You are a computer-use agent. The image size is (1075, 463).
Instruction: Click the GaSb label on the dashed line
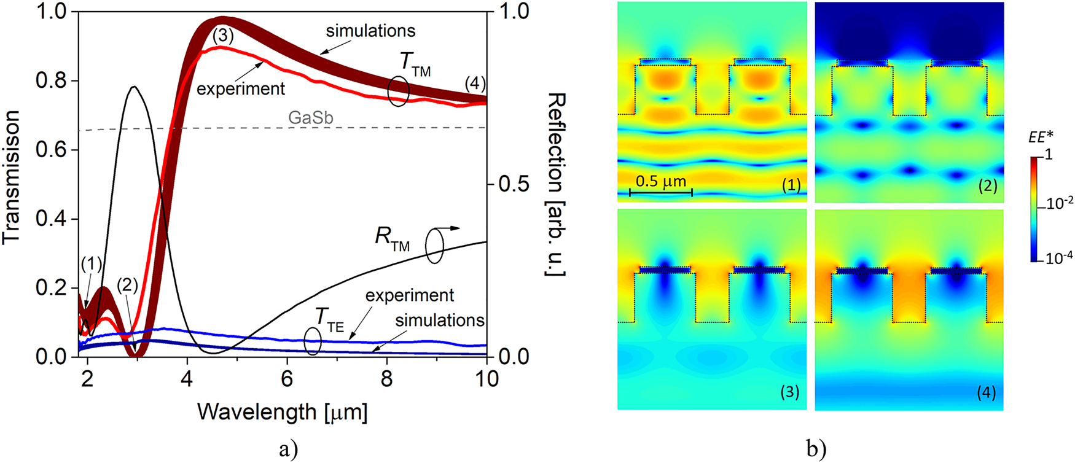tap(310, 117)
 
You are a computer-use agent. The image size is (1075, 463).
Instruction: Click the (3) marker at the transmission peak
tap(223, 36)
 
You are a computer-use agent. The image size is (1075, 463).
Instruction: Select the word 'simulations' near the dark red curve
tap(370, 31)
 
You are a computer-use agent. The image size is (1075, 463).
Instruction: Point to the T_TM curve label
tap(415, 64)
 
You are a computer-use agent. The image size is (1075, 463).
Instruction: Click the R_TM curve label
tap(392, 240)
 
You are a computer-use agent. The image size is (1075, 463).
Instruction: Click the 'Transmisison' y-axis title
tap(12, 178)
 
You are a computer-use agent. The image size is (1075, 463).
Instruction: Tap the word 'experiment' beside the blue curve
tap(409, 295)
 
